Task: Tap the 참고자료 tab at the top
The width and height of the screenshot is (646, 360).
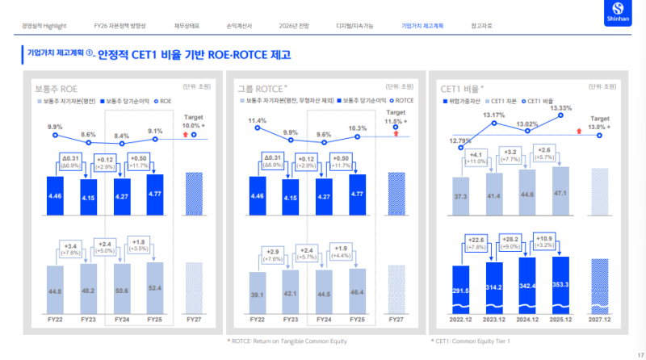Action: point(482,26)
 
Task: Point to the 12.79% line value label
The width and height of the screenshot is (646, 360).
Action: point(459,141)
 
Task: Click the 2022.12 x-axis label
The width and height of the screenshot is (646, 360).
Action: point(459,320)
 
